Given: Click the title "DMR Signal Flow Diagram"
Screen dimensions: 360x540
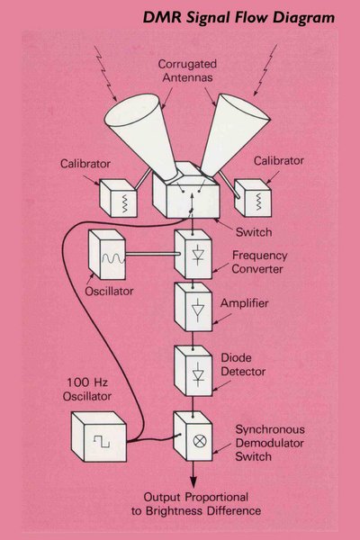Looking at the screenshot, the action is click(238, 17).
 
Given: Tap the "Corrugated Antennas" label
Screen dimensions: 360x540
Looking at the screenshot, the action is click(188, 70).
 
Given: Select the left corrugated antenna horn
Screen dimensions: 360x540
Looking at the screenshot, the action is click(142, 133).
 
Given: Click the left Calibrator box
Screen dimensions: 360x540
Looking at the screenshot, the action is click(118, 198).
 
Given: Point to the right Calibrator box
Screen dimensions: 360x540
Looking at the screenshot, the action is click(253, 198).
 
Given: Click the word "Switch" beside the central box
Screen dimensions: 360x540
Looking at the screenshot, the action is click(254, 232).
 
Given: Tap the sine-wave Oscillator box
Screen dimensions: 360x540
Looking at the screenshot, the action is click(107, 254).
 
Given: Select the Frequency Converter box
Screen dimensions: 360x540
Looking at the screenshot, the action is click(193, 254).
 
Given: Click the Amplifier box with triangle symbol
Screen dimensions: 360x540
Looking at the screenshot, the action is click(193, 307).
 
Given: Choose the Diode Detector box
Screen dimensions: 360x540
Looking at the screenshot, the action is click(193, 371).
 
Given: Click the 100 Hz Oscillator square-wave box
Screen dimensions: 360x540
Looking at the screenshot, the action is click(99, 436).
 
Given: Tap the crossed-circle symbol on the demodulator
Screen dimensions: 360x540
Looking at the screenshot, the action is click(200, 441).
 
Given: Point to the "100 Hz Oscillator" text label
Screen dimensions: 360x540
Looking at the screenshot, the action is click(87, 389).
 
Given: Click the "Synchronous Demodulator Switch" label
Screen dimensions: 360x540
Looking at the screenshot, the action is click(270, 443).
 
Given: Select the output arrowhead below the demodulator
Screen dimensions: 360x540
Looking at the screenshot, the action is click(193, 481).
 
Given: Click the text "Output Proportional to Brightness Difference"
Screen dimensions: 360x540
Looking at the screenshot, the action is click(196, 504).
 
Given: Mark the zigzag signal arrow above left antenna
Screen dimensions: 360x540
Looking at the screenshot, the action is click(105, 74).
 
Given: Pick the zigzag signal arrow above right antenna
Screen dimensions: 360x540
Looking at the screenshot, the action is click(265, 70).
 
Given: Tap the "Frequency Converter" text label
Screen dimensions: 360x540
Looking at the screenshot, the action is click(259, 262).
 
